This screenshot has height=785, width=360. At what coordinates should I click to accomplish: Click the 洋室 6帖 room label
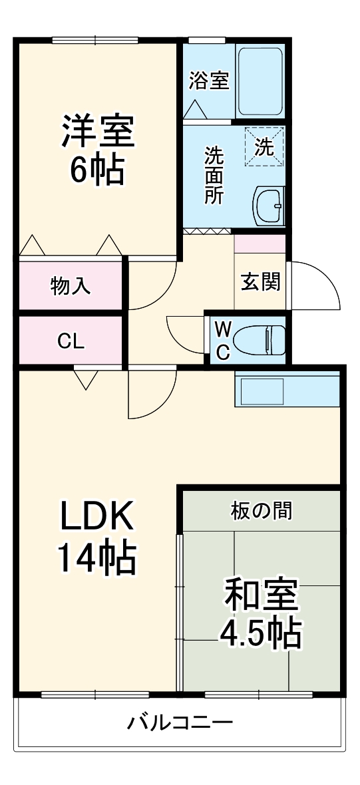pos(98,150)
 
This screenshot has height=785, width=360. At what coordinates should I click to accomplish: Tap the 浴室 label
pos(209,81)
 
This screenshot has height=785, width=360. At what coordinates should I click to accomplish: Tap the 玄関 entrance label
pos(260,282)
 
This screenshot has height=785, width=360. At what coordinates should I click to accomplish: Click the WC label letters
pos(224,339)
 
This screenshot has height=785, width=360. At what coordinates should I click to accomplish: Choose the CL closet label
pos(70,341)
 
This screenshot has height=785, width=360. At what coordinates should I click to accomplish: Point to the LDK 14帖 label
pos(98,538)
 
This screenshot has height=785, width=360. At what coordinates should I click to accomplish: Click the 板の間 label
pos(261,511)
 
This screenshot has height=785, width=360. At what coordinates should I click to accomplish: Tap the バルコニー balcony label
pos(180,722)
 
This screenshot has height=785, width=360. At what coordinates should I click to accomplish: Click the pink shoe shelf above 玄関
pos(260,243)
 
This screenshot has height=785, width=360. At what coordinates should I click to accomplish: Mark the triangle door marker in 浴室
pos(196,109)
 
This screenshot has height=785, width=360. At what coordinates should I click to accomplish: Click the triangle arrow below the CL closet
pos(85,380)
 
